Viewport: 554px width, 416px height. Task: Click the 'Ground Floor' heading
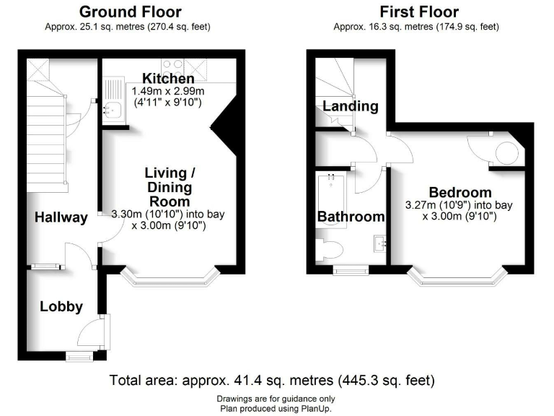click(130, 12)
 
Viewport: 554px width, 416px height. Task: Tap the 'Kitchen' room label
click(167, 78)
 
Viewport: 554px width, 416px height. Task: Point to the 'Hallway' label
click(61, 217)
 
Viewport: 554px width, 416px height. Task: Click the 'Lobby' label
click(58, 306)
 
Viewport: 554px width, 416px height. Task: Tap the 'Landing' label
click(350, 106)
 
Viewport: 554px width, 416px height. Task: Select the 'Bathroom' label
click(351, 217)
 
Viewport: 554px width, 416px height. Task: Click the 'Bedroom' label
click(460, 192)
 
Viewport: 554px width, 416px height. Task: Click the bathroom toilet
click(333, 250)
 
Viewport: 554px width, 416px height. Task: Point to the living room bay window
click(170, 278)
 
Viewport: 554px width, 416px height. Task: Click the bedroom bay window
click(457, 277)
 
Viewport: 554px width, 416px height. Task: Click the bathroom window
click(349, 271)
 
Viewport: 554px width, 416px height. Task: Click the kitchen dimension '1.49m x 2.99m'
click(166, 91)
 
